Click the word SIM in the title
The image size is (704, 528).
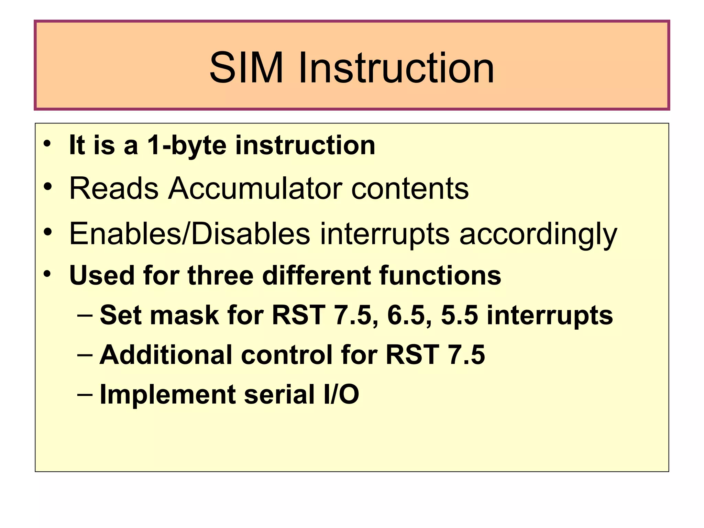point(246,68)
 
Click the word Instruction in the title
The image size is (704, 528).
point(396,68)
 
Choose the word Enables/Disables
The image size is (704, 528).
point(190,234)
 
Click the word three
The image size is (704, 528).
point(220,276)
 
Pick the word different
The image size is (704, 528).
point(316,276)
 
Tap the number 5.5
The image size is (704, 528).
point(460,315)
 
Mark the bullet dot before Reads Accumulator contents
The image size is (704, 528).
point(47,187)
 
